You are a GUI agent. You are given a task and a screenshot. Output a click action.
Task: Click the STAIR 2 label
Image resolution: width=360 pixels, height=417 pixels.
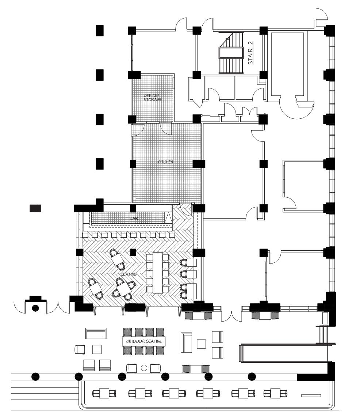[x=251, y=53]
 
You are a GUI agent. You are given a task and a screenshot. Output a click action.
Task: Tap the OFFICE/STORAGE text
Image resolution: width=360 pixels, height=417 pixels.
[x=153, y=98]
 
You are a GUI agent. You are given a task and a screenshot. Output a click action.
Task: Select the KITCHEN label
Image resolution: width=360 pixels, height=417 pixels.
[x=165, y=162]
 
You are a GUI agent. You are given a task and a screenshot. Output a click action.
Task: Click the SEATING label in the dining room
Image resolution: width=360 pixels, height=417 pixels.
[x=129, y=274]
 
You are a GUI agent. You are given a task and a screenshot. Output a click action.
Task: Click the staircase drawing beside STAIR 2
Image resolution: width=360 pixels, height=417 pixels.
[x=231, y=53]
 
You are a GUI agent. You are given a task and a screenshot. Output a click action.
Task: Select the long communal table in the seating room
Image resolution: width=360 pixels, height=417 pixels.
[x=158, y=272]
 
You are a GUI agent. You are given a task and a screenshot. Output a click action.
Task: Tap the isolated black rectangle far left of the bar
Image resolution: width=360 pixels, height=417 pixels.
[x=35, y=208]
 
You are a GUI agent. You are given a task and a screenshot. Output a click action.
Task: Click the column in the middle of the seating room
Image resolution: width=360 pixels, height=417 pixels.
[x=133, y=252]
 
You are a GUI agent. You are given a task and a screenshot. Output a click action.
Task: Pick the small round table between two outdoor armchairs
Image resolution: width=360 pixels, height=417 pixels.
[x=144, y=368]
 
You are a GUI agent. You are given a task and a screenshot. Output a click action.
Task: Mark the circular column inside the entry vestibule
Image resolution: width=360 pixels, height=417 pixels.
[x=35, y=308]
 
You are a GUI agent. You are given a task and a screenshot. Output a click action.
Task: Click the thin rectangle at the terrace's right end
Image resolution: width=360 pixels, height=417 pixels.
[x=311, y=395]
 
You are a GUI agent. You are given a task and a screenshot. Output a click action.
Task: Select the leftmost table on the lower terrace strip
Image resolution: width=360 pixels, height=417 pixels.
[x=105, y=393]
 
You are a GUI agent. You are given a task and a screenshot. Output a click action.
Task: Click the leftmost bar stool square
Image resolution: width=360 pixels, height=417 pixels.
[x=86, y=235]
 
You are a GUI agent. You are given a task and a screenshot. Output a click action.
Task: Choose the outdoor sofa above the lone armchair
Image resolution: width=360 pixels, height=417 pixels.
[x=96, y=333]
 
